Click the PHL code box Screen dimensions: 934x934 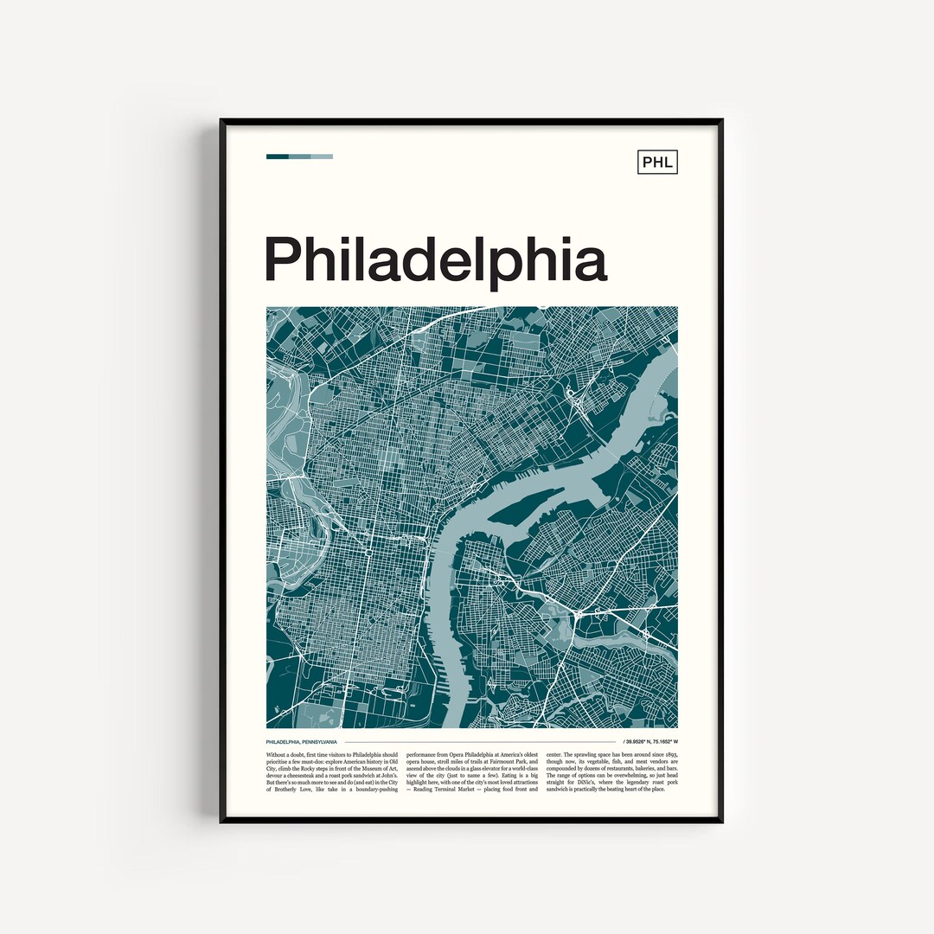click(x=657, y=162)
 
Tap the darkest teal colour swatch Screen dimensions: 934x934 click(x=277, y=157)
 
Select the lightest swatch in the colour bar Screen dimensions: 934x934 click(x=322, y=157)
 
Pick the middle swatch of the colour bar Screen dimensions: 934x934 click(x=299, y=157)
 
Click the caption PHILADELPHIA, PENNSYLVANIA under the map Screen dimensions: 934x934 click(x=302, y=742)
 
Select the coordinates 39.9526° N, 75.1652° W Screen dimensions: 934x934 click(x=649, y=742)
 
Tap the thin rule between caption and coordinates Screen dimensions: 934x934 click(x=480, y=742)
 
